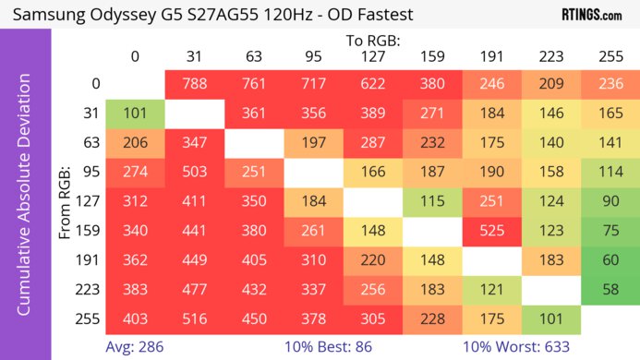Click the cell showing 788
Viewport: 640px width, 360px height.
pos(194,84)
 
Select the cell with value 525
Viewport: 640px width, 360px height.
pos(490,231)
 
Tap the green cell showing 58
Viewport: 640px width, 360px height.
pos(610,290)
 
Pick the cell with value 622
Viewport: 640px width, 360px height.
pos(372,84)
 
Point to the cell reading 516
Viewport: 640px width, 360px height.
pos(194,319)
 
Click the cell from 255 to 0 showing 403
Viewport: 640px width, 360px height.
pos(135,319)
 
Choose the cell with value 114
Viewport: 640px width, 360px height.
pos(610,173)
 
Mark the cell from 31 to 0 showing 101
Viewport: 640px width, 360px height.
pos(135,114)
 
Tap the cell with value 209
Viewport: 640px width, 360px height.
pos(549,84)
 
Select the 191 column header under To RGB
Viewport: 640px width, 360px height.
pos(490,56)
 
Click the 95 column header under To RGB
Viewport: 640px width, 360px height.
pos(313,56)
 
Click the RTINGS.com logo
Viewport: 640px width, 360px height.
pos(591,15)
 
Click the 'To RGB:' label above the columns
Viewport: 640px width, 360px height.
pos(372,41)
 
